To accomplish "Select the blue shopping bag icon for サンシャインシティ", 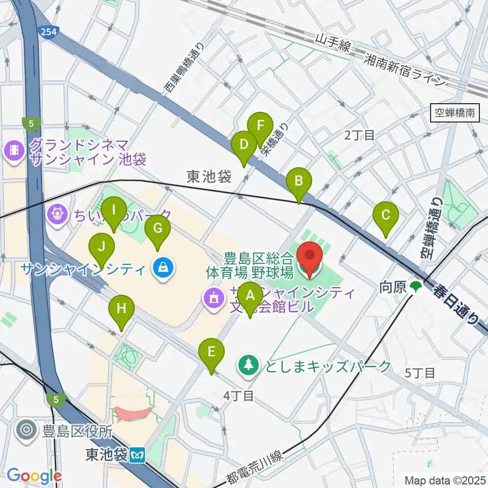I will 163,268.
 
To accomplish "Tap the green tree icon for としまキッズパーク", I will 248,365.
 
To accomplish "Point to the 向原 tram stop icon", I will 416,287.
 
